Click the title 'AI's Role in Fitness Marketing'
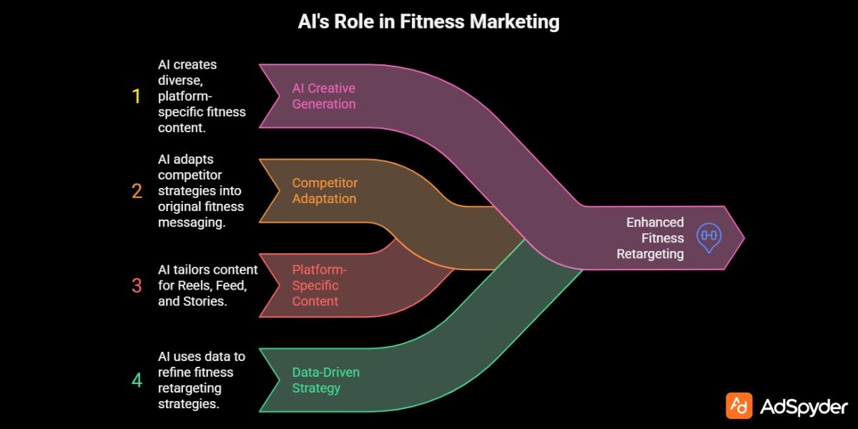point(428,21)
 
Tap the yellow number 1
point(137,97)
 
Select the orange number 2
point(137,191)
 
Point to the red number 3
point(137,285)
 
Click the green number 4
point(137,380)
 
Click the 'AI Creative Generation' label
point(323,96)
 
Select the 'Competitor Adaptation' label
point(324,190)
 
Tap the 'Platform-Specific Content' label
point(315,285)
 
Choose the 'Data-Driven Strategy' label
point(326,380)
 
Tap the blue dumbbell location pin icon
point(709,237)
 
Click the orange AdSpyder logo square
point(739,405)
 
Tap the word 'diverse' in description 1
point(177,80)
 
